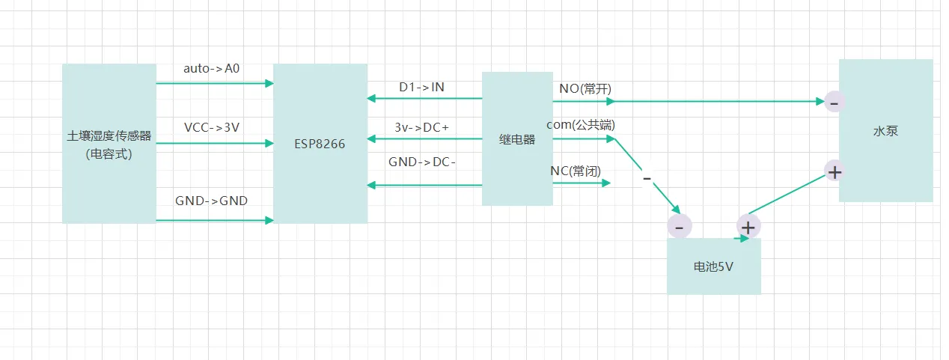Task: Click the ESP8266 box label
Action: point(320,144)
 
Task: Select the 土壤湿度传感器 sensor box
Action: point(109,144)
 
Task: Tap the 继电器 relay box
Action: point(517,139)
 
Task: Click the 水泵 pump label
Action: point(885,131)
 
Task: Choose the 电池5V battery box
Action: point(713,266)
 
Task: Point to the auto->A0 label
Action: point(212,68)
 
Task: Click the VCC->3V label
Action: point(212,127)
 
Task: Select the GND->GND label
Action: point(212,201)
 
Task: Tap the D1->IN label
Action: point(421,87)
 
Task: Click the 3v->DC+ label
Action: point(421,127)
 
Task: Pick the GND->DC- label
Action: point(422,162)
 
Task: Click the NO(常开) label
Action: point(585,88)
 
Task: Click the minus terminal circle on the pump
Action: point(834,102)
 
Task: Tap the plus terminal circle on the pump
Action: point(834,171)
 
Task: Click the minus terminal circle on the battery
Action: point(679,226)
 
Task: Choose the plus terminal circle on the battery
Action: point(748,225)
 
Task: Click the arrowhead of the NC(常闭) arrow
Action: point(607,182)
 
